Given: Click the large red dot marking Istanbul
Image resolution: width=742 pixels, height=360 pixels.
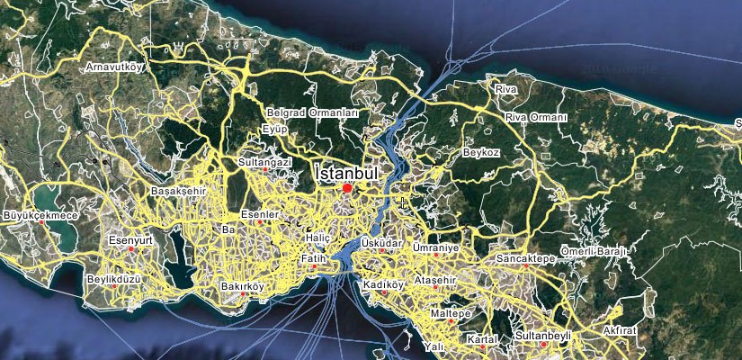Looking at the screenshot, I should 347,187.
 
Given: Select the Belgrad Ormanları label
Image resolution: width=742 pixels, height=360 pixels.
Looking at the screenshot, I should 313,113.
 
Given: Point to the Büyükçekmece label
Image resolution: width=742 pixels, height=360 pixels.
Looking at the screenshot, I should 41,216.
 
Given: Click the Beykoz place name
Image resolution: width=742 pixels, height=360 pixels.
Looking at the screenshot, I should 480,153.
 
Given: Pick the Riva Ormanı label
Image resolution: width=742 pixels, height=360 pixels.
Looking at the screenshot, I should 536,118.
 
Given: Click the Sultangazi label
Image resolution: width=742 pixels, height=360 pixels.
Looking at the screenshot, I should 264,162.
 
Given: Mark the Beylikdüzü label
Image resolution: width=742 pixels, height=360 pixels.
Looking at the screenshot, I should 115,279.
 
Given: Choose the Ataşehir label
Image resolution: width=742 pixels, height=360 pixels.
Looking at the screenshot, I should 437,281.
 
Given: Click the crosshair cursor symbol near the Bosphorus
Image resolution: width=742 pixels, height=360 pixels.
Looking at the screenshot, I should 403,203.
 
